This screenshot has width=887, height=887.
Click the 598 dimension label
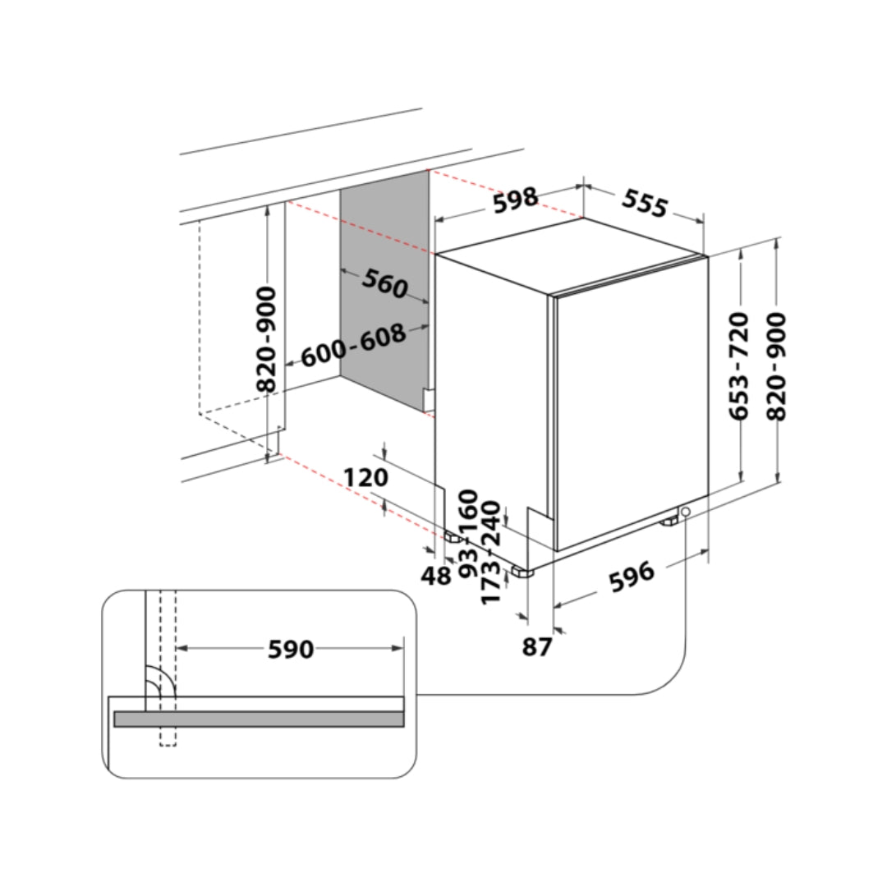tap(515, 200)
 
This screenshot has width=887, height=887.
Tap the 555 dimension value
tap(645, 203)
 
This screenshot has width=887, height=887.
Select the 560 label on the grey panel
tap(385, 283)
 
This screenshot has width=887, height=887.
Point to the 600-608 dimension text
tap(353, 345)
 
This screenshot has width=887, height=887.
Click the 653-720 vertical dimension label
tap(739, 365)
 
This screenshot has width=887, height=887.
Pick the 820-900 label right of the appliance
tap(776, 366)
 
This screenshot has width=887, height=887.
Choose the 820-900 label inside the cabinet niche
tap(266, 339)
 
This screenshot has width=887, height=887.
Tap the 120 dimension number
tap(366, 477)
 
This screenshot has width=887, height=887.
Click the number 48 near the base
tap(435, 576)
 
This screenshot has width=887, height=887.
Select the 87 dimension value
tap(537, 646)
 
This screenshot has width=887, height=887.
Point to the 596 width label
tap(632, 577)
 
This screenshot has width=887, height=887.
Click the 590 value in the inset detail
tap(291, 649)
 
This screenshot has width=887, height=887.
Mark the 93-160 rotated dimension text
tap(468, 534)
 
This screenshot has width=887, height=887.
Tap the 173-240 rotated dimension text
tap(490, 553)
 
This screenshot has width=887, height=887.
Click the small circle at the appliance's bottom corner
tap(686, 512)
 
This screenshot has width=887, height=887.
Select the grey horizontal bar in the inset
tap(259, 719)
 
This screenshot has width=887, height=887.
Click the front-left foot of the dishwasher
tap(522, 572)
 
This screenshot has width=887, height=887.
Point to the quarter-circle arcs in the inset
tap(161, 679)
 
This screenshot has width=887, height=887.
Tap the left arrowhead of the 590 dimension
tap(182, 648)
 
